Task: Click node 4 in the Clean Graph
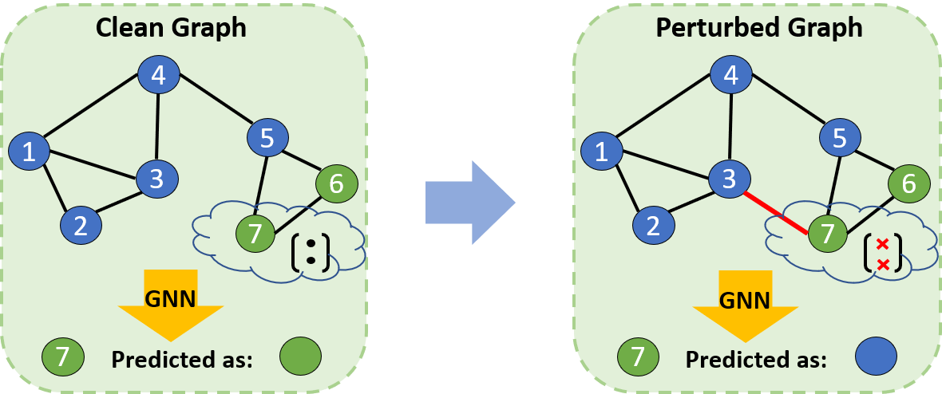159,75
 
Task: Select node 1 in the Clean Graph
30,151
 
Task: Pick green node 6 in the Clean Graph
337,183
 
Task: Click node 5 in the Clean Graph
267,137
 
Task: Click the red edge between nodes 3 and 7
776,213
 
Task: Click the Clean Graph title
170,27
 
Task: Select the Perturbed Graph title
758,27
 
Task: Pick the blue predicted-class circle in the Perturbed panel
876,357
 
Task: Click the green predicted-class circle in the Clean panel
301,357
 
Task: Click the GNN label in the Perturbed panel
745,300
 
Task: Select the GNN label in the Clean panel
170,297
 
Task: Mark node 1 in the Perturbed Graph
603,151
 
